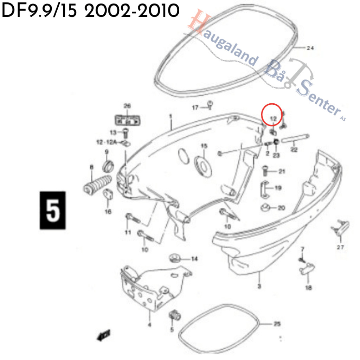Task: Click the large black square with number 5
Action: click(52, 210)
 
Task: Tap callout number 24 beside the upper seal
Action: click(310, 48)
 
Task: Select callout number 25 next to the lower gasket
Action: click(277, 324)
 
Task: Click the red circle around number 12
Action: click(271, 115)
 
